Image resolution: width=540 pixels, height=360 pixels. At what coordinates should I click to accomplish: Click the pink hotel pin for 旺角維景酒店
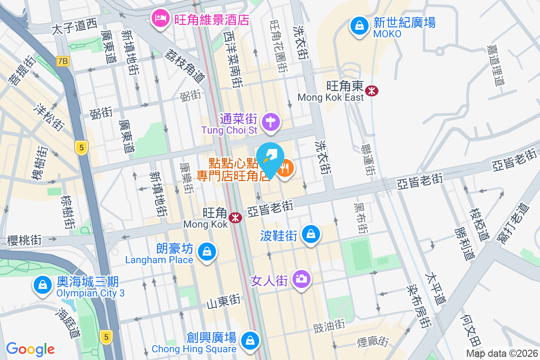click(x=160, y=18)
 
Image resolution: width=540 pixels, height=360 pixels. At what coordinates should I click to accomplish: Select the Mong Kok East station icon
click(x=372, y=90)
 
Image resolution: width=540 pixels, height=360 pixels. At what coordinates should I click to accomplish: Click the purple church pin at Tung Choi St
click(x=271, y=121)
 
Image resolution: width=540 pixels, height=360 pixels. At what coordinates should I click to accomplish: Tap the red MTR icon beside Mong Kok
click(x=235, y=218)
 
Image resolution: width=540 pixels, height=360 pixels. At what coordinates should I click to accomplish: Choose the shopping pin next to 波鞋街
click(x=311, y=234)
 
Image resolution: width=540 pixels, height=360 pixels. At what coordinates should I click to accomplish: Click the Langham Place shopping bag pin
click(x=207, y=251)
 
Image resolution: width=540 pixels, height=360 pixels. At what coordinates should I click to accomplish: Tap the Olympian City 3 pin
click(x=42, y=284)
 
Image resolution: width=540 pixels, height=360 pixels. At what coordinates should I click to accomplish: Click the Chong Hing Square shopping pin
click(x=250, y=340)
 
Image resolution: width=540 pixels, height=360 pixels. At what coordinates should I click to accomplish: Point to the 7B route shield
click(x=63, y=61)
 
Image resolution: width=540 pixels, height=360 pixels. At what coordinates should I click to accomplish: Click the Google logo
click(x=31, y=349)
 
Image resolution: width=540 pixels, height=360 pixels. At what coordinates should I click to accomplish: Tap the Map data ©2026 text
click(x=501, y=353)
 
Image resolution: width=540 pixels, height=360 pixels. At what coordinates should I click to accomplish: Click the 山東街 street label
click(x=224, y=300)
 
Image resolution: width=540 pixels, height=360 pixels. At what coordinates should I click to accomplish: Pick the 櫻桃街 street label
click(x=25, y=240)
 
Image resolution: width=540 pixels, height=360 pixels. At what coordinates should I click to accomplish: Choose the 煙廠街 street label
click(x=372, y=342)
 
